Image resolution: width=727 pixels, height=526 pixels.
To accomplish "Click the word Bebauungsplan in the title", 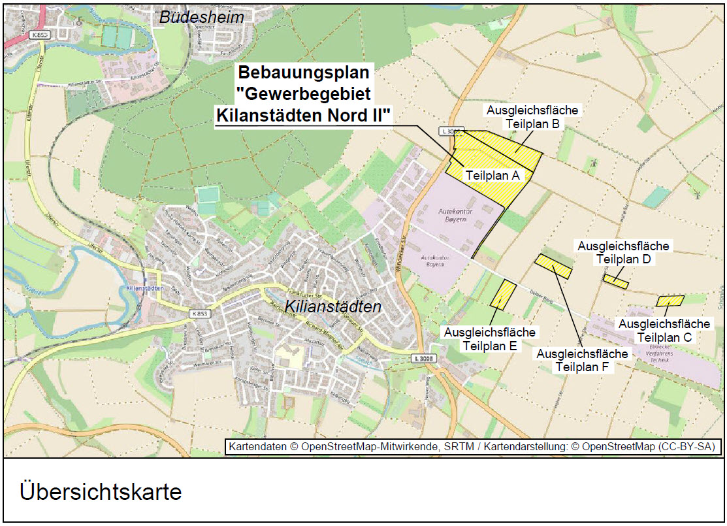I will tap(303, 72).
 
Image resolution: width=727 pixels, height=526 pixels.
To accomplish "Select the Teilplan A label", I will tap(492, 175).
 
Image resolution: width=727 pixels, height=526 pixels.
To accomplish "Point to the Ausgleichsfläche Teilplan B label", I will tap(532, 117).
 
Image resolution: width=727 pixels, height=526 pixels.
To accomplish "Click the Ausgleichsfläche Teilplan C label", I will tap(664, 330).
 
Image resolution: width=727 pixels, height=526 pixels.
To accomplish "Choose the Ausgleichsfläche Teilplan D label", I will tap(623, 252).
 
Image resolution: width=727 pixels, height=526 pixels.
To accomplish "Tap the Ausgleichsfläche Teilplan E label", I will tap(490, 338).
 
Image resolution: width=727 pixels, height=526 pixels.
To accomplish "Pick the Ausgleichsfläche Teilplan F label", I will tap(583, 360).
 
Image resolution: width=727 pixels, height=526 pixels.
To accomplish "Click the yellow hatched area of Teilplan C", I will tap(670, 301).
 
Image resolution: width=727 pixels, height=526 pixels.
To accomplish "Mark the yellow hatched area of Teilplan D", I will tap(615, 282).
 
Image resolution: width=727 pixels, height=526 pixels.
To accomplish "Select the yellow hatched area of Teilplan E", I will tap(503, 294).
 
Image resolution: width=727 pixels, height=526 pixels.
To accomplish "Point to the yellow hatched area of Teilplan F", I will tap(553, 266).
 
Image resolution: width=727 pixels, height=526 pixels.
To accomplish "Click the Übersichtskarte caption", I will tap(101, 491).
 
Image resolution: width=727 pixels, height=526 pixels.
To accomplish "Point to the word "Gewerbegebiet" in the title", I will tap(303, 93).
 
